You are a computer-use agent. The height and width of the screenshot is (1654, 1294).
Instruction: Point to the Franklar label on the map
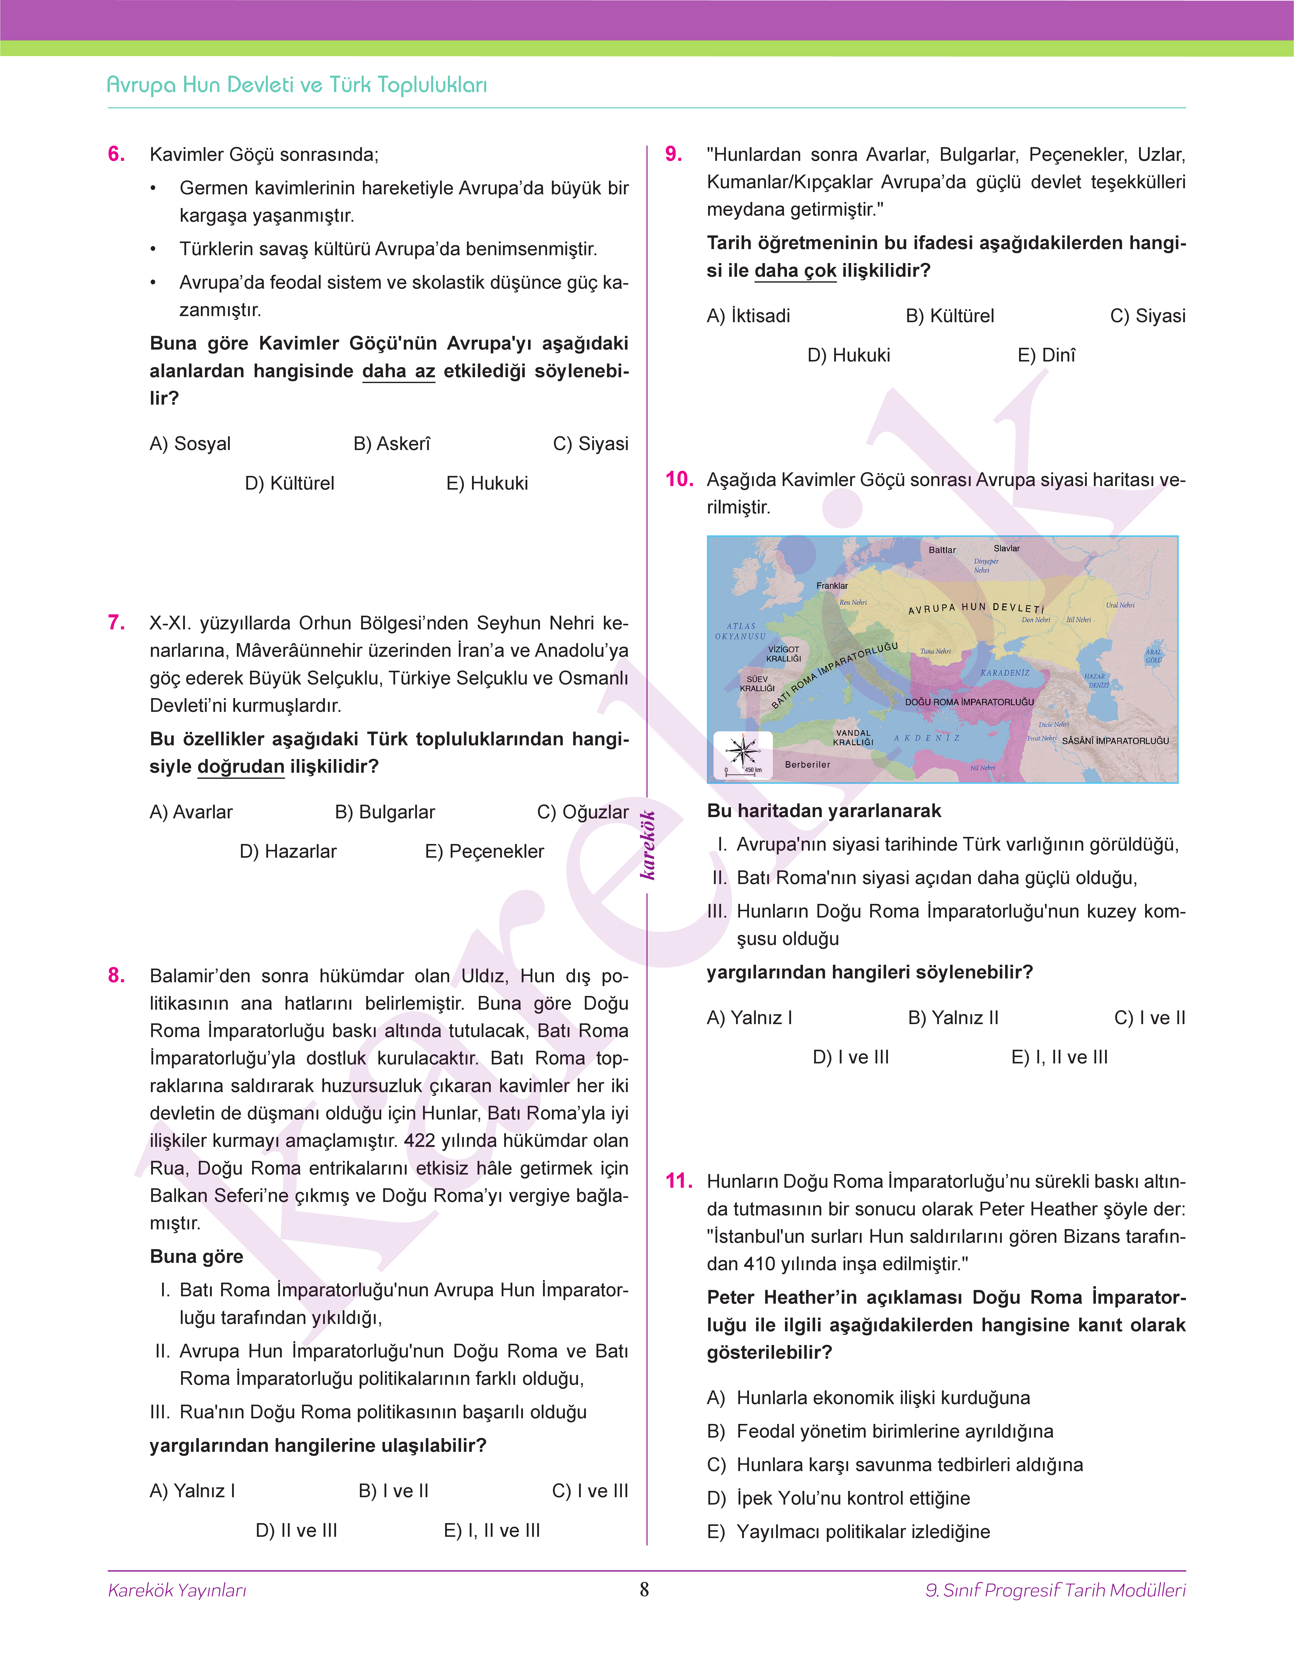tap(832, 586)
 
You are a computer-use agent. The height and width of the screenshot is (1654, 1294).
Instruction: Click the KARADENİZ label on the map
tap(1005, 673)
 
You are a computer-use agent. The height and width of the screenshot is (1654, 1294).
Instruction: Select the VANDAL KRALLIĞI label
tap(853, 737)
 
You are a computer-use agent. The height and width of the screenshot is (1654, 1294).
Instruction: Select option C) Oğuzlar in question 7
tap(582, 812)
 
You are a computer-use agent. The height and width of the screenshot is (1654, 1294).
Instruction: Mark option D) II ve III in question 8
tap(296, 1530)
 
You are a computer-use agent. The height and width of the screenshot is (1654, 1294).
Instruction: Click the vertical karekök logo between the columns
tap(648, 845)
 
